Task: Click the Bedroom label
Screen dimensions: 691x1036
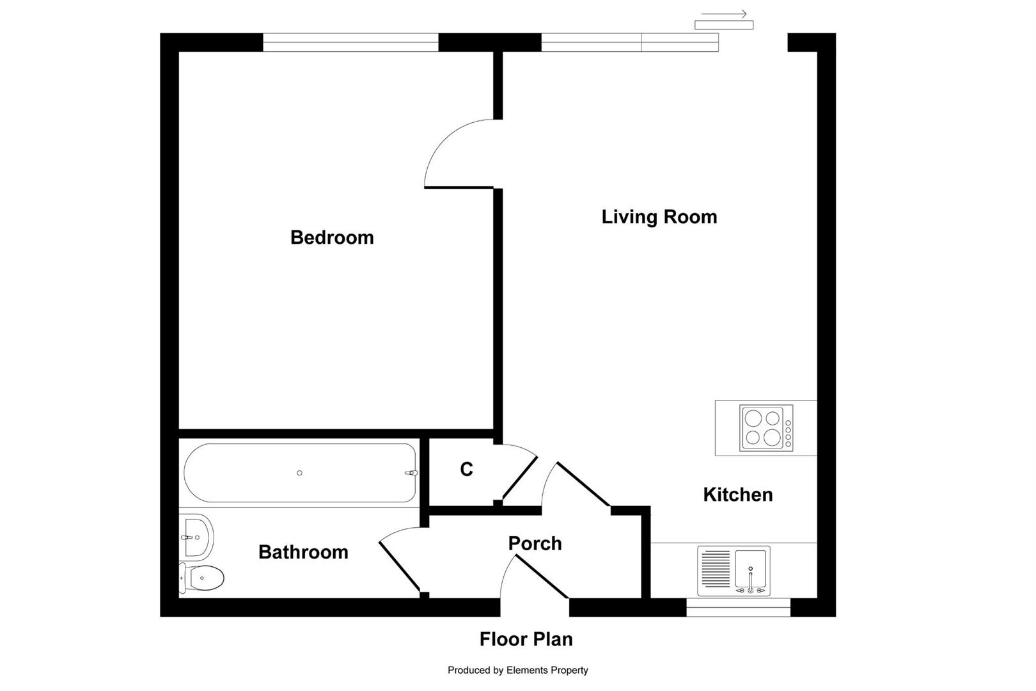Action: (x=332, y=237)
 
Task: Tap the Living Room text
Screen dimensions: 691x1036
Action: (x=659, y=217)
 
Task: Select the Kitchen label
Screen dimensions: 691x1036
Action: (x=737, y=495)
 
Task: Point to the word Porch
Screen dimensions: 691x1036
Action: (x=535, y=543)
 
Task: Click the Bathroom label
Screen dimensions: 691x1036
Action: (x=303, y=552)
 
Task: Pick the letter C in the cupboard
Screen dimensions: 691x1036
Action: (x=466, y=470)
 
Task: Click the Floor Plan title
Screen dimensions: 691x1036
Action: (x=526, y=639)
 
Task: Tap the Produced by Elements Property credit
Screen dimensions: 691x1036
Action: (x=517, y=671)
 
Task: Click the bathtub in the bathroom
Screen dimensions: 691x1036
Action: (x=300, y=473)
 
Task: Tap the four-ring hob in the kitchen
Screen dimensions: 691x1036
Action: (x=764, y=428)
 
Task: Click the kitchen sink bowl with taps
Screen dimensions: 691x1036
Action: (x=751, y=569)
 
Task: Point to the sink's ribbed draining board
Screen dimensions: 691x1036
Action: (x=716, y=569)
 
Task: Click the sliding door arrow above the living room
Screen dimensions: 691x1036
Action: (x=724, y=14)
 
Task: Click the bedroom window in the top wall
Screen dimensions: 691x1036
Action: (x=350, y=42)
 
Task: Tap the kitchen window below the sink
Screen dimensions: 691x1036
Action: (x=738, y=607)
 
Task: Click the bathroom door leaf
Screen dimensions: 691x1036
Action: (x=400, y=568)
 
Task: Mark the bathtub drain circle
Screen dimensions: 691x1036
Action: (x=299, y=473)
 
